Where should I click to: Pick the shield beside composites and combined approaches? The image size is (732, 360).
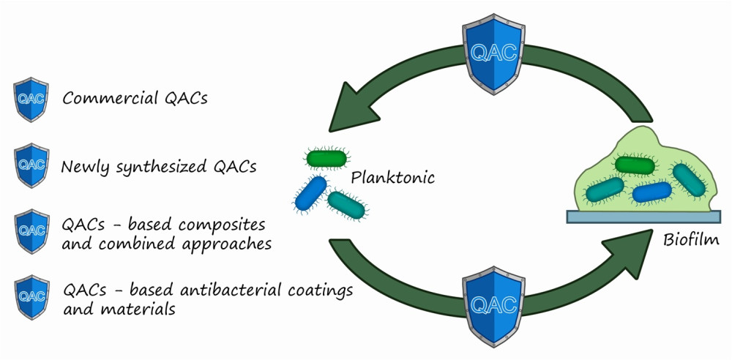tap(31, 232)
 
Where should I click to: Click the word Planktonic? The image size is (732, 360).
tap(393, 177)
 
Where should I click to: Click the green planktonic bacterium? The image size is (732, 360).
tap(327, 157)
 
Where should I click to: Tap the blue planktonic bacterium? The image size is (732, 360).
tap(310, 192)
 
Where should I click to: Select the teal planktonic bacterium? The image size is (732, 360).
tap(347, 206)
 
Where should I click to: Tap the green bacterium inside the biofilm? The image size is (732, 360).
tap(634, 165)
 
